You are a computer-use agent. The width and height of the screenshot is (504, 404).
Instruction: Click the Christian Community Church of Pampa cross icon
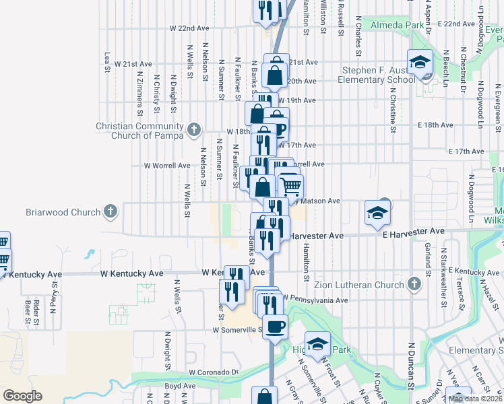[x=193, y=128]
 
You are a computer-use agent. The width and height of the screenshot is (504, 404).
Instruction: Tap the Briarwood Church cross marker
[x=110, y=212]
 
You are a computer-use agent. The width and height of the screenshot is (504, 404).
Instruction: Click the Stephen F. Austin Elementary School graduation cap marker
[x=419, y=62]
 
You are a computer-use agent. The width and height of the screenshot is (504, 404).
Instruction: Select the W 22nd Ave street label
[x=190, y=28]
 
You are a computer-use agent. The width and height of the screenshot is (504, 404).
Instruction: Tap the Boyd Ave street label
[x=180, y=386]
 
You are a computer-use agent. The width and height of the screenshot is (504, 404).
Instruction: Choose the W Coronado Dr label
[x=214, y=372]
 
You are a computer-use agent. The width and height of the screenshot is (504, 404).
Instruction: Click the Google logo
[x=22, y=396]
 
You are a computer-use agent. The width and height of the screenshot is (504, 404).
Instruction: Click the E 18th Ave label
[x=435, y=125]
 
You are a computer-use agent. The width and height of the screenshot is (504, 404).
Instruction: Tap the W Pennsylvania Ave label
[x=315, y=298]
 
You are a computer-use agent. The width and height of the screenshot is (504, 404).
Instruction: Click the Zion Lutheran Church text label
[x=364, y=285]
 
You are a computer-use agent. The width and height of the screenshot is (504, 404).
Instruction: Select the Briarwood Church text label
[x=63, y=212]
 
